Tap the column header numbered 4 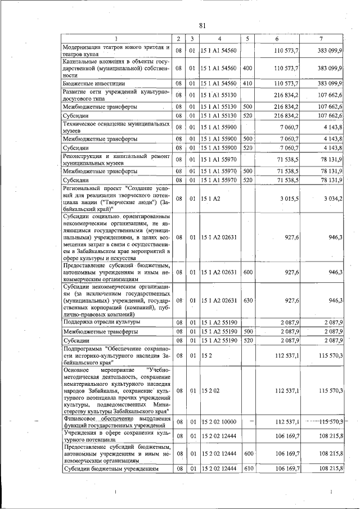coord(219,39)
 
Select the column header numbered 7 coord(321,39)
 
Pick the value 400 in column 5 coord(246,68)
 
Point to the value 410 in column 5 coord(246,83)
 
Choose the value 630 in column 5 coord(246,300)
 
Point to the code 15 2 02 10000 coord(219,422)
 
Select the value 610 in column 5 coord(246,468)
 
